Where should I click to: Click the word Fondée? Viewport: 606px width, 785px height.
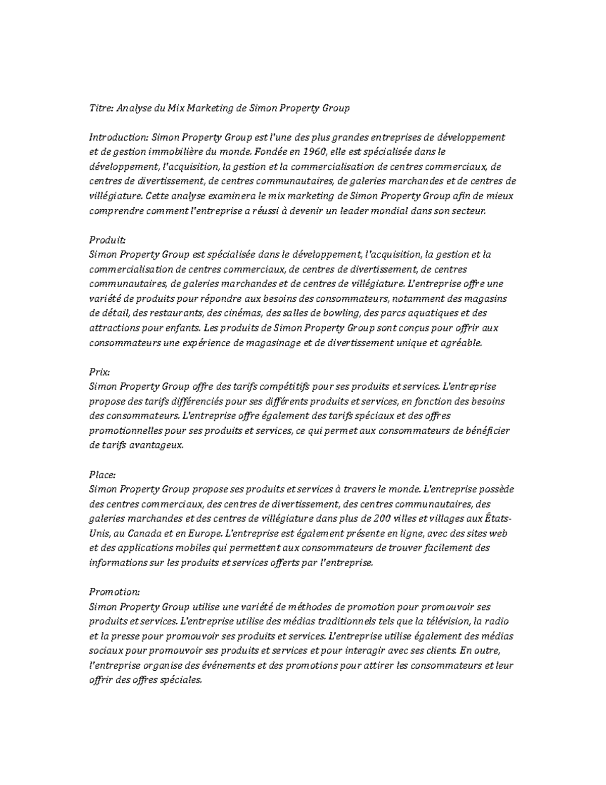click(270, 152)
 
